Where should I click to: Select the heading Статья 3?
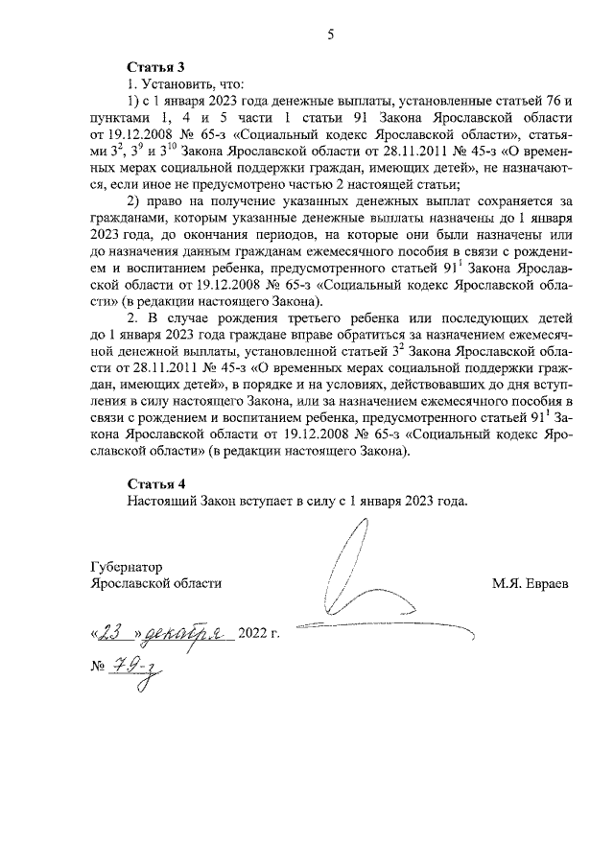(155, 66)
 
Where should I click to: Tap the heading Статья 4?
(155, 482)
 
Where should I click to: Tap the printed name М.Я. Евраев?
(530, 582)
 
